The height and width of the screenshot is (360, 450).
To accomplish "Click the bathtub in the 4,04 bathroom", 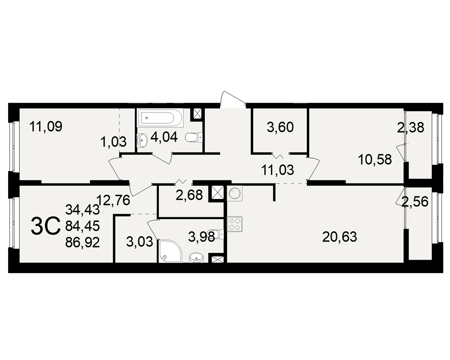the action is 160,118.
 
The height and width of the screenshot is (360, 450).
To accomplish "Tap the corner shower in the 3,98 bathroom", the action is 170,251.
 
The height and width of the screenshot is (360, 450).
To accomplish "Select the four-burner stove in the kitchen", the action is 235,224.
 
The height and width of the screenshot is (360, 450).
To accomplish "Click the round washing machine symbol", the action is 235,193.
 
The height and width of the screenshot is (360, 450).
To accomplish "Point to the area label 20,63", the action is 339,237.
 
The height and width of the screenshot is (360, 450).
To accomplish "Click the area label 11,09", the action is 46,126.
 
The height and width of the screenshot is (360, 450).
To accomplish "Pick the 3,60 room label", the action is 280,127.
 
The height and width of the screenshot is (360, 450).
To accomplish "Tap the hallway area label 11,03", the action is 278,170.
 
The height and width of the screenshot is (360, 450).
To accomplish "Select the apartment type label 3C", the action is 45,226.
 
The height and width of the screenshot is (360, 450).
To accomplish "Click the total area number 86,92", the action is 82,243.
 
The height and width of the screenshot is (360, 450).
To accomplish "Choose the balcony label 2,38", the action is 410,128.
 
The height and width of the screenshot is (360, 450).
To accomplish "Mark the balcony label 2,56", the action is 415,202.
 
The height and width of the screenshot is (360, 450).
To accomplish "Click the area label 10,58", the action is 375,160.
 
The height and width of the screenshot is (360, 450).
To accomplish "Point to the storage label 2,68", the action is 189,195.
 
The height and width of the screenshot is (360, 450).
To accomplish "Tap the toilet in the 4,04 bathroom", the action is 194,138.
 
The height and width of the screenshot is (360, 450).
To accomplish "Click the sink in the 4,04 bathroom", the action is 142,140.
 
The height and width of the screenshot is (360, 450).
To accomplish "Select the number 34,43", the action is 82,209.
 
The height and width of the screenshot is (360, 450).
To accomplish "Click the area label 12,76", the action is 113,200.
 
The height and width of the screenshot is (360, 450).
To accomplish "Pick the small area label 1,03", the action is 113,142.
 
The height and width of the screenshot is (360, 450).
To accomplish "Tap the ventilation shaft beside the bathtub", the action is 198,114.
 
